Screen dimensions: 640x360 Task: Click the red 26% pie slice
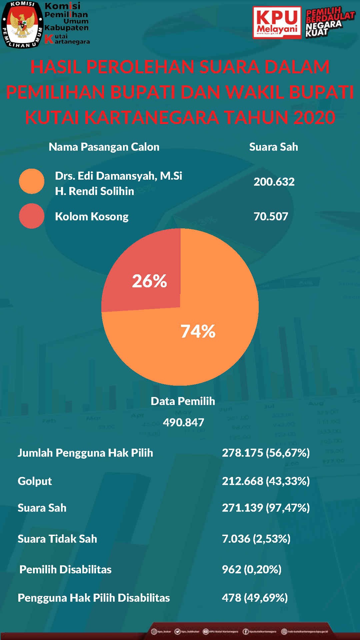(x=147, y=277)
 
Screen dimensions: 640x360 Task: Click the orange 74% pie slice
(x=200, y=333)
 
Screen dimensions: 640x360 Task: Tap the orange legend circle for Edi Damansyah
(x=32, y=181)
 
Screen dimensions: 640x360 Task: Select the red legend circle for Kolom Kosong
(x=32, y=216)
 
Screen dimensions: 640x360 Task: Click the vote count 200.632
(x=274, y=182)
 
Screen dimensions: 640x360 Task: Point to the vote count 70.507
(x=271, y=216)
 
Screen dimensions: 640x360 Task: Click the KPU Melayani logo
(x=277, y=23)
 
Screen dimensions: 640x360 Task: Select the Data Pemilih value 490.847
(x=183, y=422)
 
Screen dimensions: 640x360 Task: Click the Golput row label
(x=35, y=481)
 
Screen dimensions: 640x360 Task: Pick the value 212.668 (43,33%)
(x=266, y=481)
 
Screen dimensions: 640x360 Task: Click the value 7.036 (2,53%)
(x=256, y=539)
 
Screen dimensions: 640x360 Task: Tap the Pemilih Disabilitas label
(x=65, y=569)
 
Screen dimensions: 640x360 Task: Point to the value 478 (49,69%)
(x=255, y=598)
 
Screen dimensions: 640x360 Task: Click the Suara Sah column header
(x=273, y=147)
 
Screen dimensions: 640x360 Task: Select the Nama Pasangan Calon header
(x=104, y=147)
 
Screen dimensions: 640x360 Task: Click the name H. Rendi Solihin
(x=94, y=191)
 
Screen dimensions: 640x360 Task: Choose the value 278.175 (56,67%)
(x=266, y=453)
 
